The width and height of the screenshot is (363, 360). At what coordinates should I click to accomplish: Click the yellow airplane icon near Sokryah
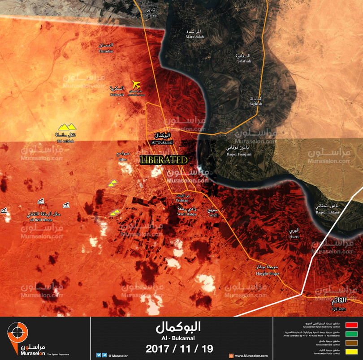pyautogui.click(x=136, y=85)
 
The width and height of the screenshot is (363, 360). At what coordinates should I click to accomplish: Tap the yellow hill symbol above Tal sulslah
pyautogui.click(x=67, y=128)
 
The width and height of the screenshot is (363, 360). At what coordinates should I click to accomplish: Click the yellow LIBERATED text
pyautogui.click(x=164, y=160)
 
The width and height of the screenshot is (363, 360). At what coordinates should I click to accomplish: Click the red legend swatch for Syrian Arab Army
pyautogui.click(x=351, y=325)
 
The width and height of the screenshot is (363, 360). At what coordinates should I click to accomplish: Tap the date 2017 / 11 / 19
pyautogui.click(x=179, y=348)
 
